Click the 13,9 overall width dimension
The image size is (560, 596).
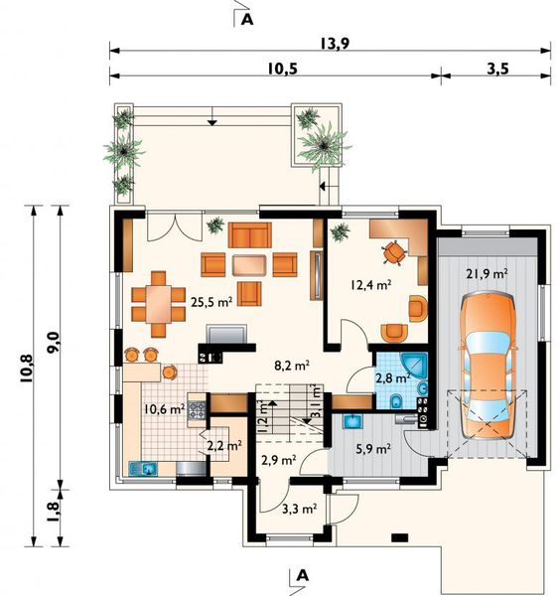coord(335,44)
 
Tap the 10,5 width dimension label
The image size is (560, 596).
coord(282,69)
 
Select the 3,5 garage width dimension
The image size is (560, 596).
coord(497,69)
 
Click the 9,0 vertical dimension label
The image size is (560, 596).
coord(53,343)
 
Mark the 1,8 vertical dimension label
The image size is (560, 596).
coord(53,512)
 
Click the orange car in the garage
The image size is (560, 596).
coord(489,366)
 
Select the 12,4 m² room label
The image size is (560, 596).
coord(370,285)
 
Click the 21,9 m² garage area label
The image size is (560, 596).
coord(488,274)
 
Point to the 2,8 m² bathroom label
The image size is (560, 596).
coord(393,378)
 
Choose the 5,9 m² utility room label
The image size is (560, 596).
coord(373,449)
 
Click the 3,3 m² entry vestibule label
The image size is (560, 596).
coord(300,509)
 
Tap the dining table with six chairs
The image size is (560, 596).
coord(159,304)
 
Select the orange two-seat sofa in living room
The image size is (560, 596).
coord(249,235)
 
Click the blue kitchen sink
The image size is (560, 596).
coord(143,468)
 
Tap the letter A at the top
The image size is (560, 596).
coord(247,20)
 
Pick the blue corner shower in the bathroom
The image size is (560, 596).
coord(414,366)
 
